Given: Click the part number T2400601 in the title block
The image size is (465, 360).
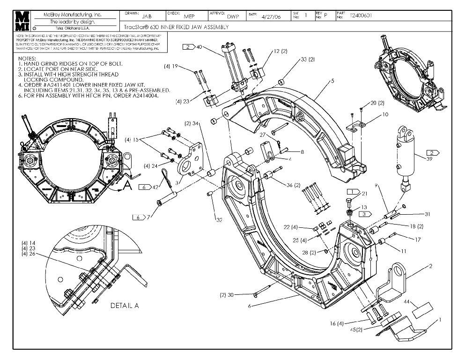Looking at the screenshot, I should pos(361,15).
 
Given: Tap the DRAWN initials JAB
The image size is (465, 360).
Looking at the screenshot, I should pos(147,16).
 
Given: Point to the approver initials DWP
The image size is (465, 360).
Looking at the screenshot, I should pos(234,16).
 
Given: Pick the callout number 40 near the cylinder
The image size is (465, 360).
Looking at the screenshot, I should pos(199,47).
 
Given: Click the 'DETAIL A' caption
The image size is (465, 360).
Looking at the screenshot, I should pos(125,306).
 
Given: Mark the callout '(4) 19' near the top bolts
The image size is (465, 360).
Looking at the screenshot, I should pos(184,66).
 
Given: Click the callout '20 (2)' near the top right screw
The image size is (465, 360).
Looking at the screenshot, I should pos(377,103).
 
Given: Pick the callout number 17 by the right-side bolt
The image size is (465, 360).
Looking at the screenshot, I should pos(405,239).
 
